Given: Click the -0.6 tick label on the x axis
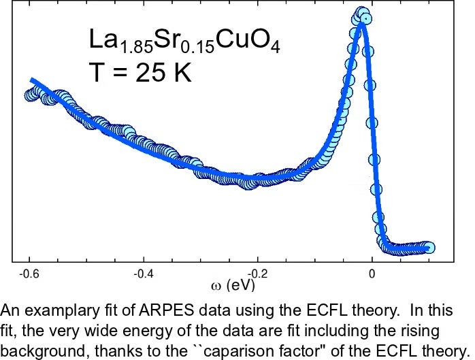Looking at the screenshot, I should (29, 274).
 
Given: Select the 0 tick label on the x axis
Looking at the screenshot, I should (372, 274).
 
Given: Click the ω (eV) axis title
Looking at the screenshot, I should (232, 282).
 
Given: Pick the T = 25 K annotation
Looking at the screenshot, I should (141, 71).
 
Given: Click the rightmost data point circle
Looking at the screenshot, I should (429, 248).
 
